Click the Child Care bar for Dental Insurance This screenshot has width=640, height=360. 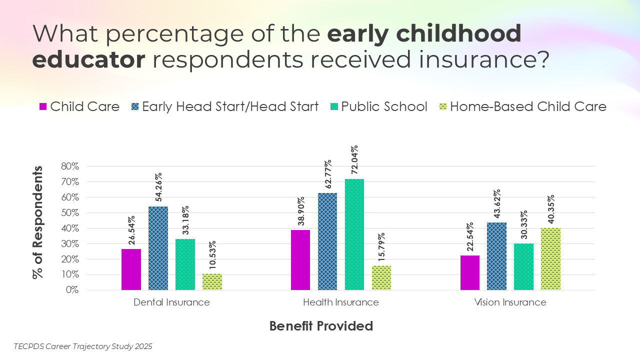point(131,269)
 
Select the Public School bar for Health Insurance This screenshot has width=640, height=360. point(354,234)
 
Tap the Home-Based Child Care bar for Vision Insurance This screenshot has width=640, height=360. point(550,259)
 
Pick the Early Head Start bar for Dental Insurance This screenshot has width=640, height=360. point(158,248)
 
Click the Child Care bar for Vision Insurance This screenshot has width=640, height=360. point(470,272)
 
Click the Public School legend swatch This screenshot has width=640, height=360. point(334,106)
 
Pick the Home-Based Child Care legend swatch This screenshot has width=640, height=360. point(442,106)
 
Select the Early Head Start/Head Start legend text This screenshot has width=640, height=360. point(230,106)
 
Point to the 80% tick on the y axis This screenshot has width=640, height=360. point(70,166)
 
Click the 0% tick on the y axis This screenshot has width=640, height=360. point(72,290)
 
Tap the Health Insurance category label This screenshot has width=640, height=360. point(341,302)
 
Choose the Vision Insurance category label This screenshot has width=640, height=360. point(510,302)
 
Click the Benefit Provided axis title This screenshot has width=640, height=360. point(321,326)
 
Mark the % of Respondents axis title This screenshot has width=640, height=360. point(38,222)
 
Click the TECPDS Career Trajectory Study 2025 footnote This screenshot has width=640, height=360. point(83,346)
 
